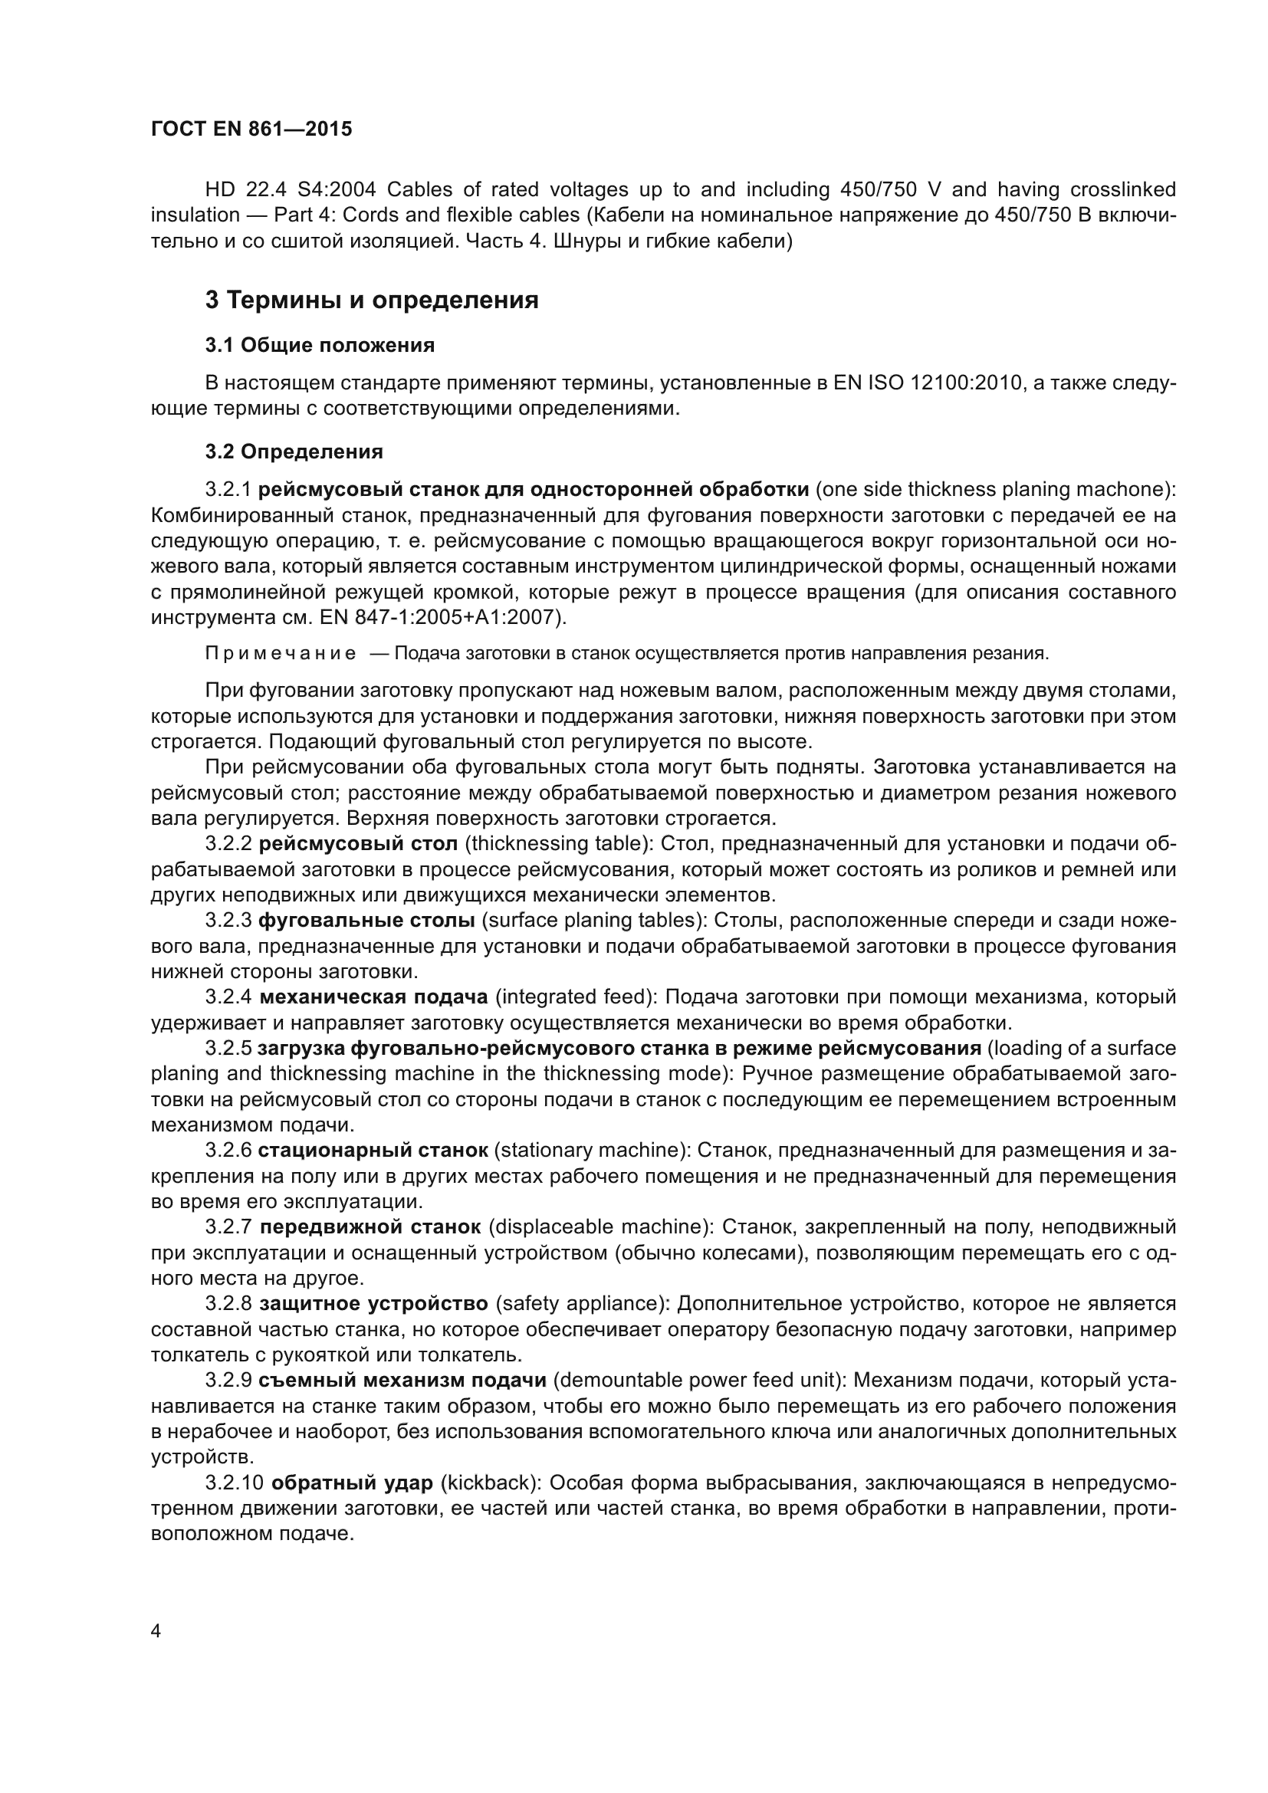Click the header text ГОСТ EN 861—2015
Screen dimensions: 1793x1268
point(251,130)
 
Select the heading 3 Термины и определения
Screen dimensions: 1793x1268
point(372,300)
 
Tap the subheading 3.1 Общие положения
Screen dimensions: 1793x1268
point(320,345)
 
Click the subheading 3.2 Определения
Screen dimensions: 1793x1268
point(294,452)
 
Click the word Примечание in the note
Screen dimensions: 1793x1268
point(281,654)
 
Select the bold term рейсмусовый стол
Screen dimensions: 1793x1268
point(358,844)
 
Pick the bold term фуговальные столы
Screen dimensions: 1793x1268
point(366,921)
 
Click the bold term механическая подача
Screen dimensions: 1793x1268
point(373,997)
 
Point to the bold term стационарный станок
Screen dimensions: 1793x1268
point(373,1151)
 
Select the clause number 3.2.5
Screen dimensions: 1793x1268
point(228,1048)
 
